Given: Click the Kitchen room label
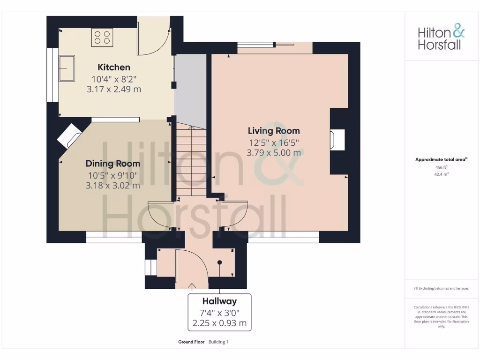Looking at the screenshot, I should pyautogui.click(x=114, y=67).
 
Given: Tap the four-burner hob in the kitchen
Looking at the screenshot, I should pyautogui.click(x=102, y=37).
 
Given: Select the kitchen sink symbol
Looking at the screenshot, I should pyautogui.click(x=67, y=68).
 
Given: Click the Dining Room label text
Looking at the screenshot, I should pyautogui.click(x=112, y=164).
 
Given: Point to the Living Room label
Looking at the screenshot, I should pyautogui.click(x=274, y=131).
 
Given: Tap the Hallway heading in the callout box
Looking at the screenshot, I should pyautogui.click(x=219, y=301).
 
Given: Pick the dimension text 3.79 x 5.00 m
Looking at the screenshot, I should pyautogui.click(x=274, y=152).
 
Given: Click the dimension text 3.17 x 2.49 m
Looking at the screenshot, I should pyautogui.click(x=114, y=89).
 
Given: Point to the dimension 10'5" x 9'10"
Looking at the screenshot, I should pyautogui.click(x=112, y=175).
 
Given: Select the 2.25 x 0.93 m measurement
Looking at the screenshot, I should pyautogui.click(x=219, y=323).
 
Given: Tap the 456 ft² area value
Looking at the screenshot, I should pyautogui.click(x=441, y=167).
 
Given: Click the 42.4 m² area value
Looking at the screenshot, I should pyautogui.click(x=441, y=174).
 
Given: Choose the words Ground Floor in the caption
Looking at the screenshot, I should pyautogui.click(x=191, y=342).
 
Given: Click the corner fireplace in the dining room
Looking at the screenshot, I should pyautogui.click(x=69, y=135).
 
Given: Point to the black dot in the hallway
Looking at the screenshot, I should pyautogui.click(x=219, y=262).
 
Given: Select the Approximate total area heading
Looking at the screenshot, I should pyautogui.click(x=441, y=160).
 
